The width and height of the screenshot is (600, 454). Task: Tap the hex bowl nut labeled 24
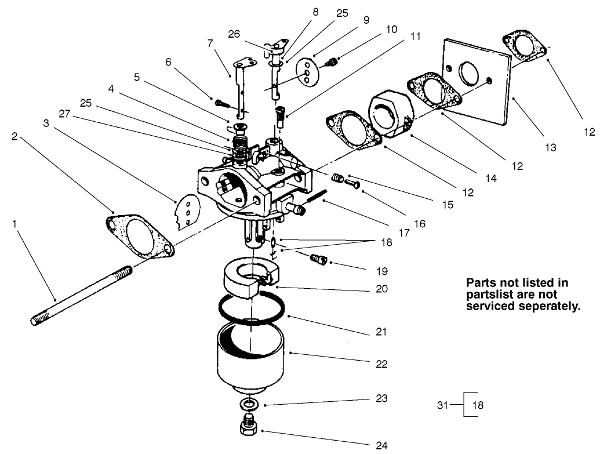[249, 427]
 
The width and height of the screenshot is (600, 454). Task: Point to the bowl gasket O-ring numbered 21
[252, 307]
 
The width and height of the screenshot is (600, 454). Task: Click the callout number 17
[403, 233]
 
